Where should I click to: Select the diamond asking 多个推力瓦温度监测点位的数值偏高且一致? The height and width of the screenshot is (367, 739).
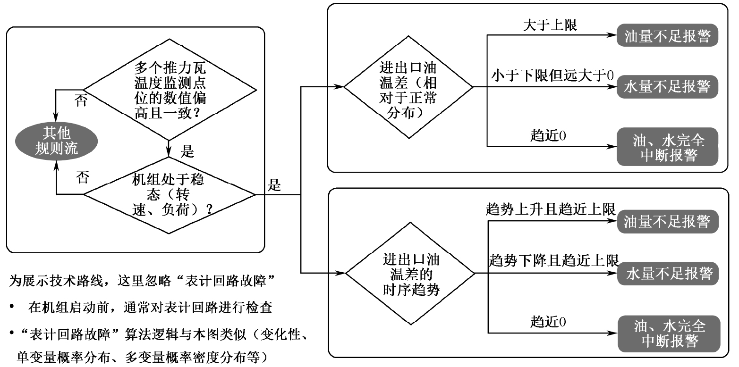170,90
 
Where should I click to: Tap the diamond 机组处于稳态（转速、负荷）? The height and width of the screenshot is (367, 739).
170,195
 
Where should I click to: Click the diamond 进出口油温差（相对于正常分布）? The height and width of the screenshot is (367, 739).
408,87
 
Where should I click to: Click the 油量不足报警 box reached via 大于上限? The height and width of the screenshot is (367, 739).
667,37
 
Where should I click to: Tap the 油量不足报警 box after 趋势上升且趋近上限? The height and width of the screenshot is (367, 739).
667,221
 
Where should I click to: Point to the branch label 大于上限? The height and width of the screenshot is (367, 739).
550,26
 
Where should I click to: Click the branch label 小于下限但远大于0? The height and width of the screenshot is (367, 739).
552,75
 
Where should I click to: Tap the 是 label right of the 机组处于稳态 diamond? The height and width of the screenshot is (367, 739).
274,185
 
